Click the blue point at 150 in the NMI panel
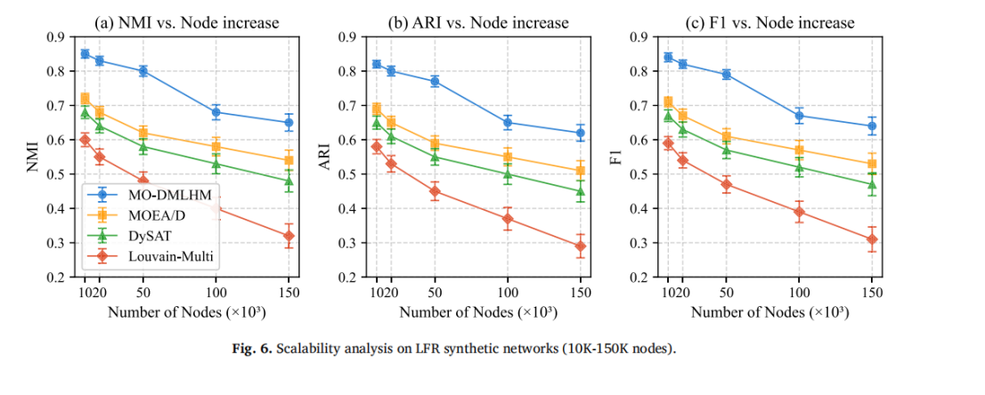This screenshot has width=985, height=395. tap(289, 123)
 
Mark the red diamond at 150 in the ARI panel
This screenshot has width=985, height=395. tap(580, 246)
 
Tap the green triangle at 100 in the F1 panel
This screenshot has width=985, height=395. tap(799, 167)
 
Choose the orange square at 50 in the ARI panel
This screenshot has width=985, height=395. tap(435, 142)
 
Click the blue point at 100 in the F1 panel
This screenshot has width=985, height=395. tap(799, 116)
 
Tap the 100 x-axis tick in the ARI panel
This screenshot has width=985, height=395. tap(507, 292)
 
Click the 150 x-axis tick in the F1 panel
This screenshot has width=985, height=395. tap(871, 292)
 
